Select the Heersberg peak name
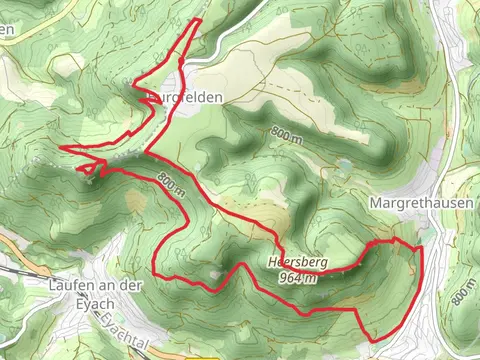click(x=297, y=262)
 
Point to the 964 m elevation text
click(x=298, y=277)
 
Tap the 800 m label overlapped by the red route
click(x=171, y=183)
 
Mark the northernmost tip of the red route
click(x=199, y=19)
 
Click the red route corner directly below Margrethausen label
click(x=397, y=239)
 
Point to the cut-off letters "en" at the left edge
click(x=6, y=30)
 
